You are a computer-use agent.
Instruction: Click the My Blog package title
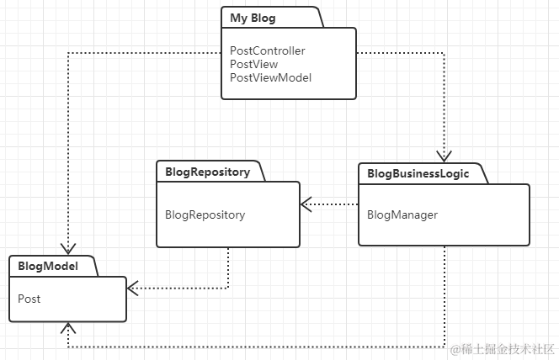click(x=253, y=18)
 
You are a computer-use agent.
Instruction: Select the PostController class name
click(x=268, y=51)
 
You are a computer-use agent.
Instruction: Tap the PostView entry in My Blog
click(x=254, y=65)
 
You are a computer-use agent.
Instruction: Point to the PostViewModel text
click(x=270, y=77)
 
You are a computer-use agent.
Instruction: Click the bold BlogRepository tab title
click(x=207, y=172)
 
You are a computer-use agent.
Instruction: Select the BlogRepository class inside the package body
click(x=205, y=215)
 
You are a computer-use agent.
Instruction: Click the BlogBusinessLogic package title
click(x=418, y=174)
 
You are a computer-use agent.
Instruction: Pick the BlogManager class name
click(x=402, y=215)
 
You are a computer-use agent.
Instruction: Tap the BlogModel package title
click(x=48, y=266)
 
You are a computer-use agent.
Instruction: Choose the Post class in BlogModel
click(x=29, y=299)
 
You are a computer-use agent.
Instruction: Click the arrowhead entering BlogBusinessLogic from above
click(x=445, y=156)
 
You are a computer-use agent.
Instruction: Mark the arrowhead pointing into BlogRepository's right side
click(x=306, y=204)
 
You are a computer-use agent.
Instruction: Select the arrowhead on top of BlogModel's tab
click(x=68, y=248)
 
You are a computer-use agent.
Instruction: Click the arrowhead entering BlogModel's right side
click(x=133, y=288)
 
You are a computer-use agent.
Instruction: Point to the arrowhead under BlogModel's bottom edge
click(x=68, y=328)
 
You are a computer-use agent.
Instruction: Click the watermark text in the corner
click(x=503, y=350)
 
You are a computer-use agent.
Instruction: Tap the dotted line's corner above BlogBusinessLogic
click(x=445, y=53)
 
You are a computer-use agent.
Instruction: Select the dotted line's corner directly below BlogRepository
click(x=228, y=288)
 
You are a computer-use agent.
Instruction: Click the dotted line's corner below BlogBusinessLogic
click(x=445, y=347)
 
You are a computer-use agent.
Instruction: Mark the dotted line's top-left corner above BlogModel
click(x=68, y=53)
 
